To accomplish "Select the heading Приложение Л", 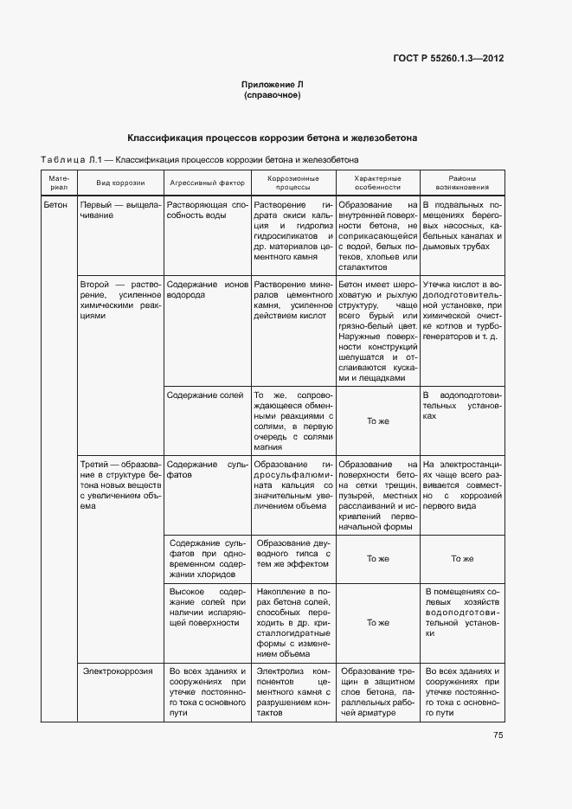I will pos(273,85).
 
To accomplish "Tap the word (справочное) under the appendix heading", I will pos(273,95).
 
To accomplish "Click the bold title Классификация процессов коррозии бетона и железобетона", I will pos(273,137).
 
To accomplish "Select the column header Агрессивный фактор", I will pos(207,183).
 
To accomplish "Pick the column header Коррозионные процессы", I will pos(292,183).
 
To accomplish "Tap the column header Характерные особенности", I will pos(377,183).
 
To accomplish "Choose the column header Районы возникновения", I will pos(462,183).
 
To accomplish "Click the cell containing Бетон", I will pos(56,206).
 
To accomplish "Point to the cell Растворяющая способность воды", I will pos(207,210).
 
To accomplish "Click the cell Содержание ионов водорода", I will pos(207,290).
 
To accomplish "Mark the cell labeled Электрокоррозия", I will pos(118,671).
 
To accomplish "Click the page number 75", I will pos(498,735).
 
